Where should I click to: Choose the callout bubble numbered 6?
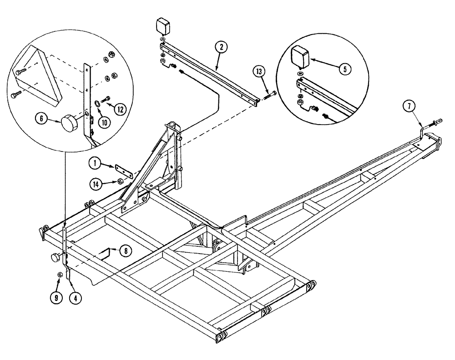pyautogui.click(x=42, y=119)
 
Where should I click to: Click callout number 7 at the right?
pyautogui.click(x=409, y=107)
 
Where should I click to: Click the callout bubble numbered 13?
pyautogui.click(x=259, y=72)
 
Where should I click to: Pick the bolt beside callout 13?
pyautogui.click(x=269, y=95)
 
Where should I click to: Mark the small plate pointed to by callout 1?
pyautogui.click(x=123, y=171)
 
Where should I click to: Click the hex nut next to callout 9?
pyautogui.click(x=60, y=274)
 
